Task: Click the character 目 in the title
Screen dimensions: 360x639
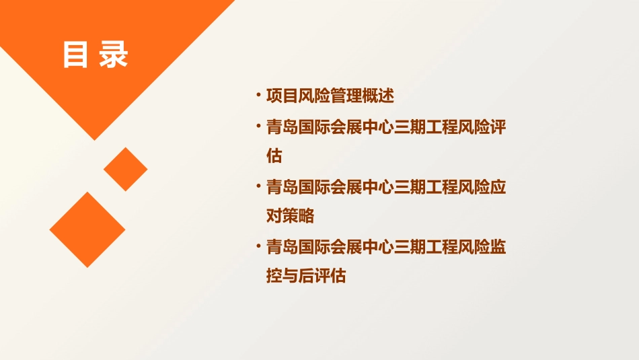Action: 75,55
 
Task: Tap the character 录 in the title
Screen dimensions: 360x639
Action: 113,55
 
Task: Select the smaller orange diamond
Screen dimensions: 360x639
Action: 125,169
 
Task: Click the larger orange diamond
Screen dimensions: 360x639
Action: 87,229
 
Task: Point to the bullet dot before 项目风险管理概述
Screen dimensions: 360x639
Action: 258,95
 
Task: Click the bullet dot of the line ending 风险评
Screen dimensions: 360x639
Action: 258,126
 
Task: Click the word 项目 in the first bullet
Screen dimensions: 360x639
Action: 283,96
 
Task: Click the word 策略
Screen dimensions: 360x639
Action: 299,216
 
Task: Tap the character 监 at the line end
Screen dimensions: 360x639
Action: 498,247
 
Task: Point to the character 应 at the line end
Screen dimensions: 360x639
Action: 498,186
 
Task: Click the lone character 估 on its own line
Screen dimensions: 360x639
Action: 274,156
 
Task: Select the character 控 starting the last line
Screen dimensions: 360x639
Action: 274,277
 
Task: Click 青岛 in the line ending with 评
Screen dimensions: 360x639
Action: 283,127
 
